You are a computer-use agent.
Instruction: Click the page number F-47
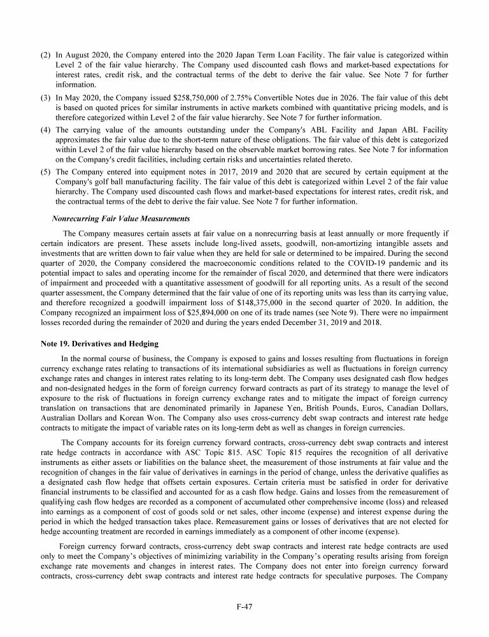tap(244, 607)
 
